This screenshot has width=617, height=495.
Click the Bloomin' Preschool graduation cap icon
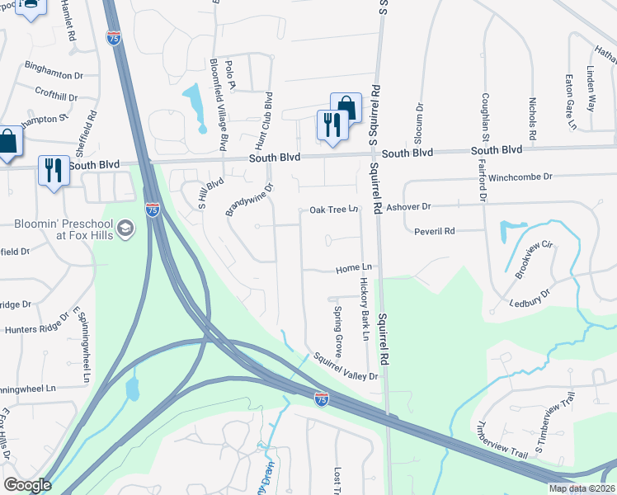(x=125, y=229)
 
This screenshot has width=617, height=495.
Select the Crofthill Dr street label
(x=56, y=95)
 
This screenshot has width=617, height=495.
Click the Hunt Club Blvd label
(x=268, y=115)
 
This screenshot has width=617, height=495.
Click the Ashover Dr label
(x=410, y=206)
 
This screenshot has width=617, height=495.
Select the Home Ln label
(x=355, y=269)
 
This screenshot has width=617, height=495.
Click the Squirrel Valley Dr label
(x=345, y=367)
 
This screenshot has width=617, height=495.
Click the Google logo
(x=27, y=485)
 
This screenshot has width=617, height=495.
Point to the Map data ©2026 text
(x=582, y=488)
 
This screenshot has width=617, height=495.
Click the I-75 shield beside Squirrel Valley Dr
(x=322, y=399)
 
